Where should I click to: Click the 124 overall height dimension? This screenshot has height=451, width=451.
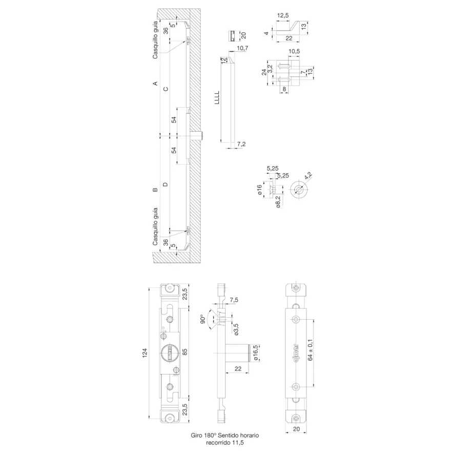click(x=145, y=353)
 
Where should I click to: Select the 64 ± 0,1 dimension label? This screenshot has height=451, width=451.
click(x=310, y=350)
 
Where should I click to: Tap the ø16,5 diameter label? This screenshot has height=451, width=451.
click(x=256, y=353)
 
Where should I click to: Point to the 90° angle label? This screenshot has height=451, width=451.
click(x=203, y=319)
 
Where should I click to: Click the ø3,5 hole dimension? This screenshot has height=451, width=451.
click(x=236, y=330)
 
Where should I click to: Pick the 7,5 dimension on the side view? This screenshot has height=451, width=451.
click(x=234, y=300)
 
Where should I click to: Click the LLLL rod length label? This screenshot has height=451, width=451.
click(x=217, y=97)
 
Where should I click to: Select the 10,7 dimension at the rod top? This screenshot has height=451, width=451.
click(x=242, y=48)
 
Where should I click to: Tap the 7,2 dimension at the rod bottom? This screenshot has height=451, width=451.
click(x=241, y=144)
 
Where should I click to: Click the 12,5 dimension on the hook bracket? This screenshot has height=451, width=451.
click(x=283, y=15)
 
